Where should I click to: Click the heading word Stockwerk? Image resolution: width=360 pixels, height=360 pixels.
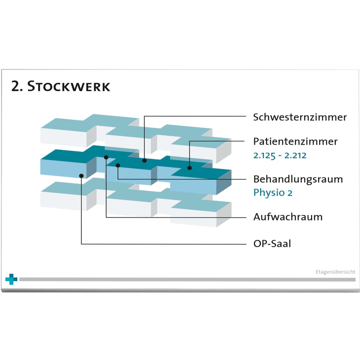69,86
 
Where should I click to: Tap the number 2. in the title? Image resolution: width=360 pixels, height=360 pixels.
17,86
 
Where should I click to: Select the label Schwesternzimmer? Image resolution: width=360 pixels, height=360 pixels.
300,117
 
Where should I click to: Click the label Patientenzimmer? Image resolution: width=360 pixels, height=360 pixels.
295,141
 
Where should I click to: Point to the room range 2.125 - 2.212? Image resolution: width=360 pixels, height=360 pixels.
280,155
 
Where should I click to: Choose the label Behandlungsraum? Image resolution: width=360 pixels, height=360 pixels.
298,179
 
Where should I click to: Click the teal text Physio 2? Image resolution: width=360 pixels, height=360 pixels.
273,193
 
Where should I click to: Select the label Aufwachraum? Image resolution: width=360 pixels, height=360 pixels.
288,217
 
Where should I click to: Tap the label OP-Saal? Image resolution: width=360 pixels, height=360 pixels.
272,243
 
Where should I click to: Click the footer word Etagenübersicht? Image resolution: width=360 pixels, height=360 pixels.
335,272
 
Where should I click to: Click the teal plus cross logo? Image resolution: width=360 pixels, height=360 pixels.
11,279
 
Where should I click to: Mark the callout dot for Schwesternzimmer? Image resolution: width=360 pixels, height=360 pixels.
144,160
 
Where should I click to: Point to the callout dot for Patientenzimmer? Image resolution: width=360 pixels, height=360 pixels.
190,168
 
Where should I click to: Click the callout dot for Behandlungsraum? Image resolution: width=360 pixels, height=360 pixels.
118,165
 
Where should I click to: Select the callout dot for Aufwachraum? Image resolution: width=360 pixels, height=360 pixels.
106,157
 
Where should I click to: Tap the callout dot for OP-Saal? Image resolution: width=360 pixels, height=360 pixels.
81,176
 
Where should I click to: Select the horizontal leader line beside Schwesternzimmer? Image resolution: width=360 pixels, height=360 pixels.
195,116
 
